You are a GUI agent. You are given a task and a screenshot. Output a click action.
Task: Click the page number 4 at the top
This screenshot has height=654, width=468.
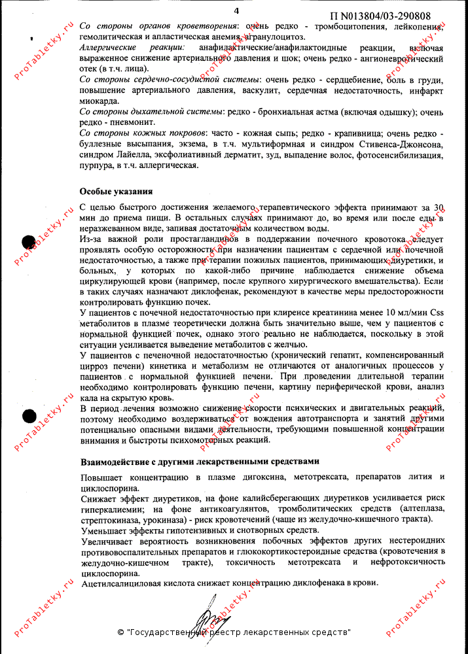pos(236,10)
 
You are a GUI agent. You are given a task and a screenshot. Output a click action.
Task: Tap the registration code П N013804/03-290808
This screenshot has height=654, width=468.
pos(380,16)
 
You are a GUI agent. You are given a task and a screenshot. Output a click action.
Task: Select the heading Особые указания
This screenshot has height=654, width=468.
pos(116,192)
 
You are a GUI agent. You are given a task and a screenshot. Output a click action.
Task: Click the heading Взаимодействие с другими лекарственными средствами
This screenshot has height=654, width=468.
pos(200,461)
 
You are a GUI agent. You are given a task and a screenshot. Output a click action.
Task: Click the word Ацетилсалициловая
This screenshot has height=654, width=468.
pos(123,583)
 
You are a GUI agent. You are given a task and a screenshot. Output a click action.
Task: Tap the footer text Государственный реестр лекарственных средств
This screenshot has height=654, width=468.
pos(239,633)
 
